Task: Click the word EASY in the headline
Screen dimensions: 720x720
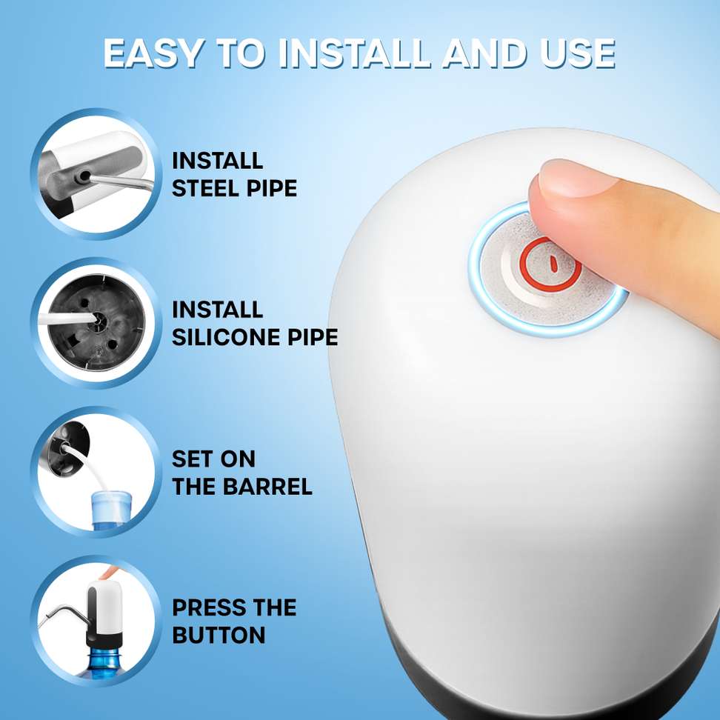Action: coord(153,53)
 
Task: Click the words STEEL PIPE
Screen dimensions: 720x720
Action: coord(235,188)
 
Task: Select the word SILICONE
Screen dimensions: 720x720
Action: coord(226,337)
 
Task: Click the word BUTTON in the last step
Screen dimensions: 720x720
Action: coord(219,636)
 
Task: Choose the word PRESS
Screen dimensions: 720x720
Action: coord(205,608)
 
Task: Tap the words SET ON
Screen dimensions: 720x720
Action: coord(213,459)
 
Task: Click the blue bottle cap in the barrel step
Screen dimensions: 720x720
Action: coord(110,508)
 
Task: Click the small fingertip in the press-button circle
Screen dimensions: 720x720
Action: coord(109,572)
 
